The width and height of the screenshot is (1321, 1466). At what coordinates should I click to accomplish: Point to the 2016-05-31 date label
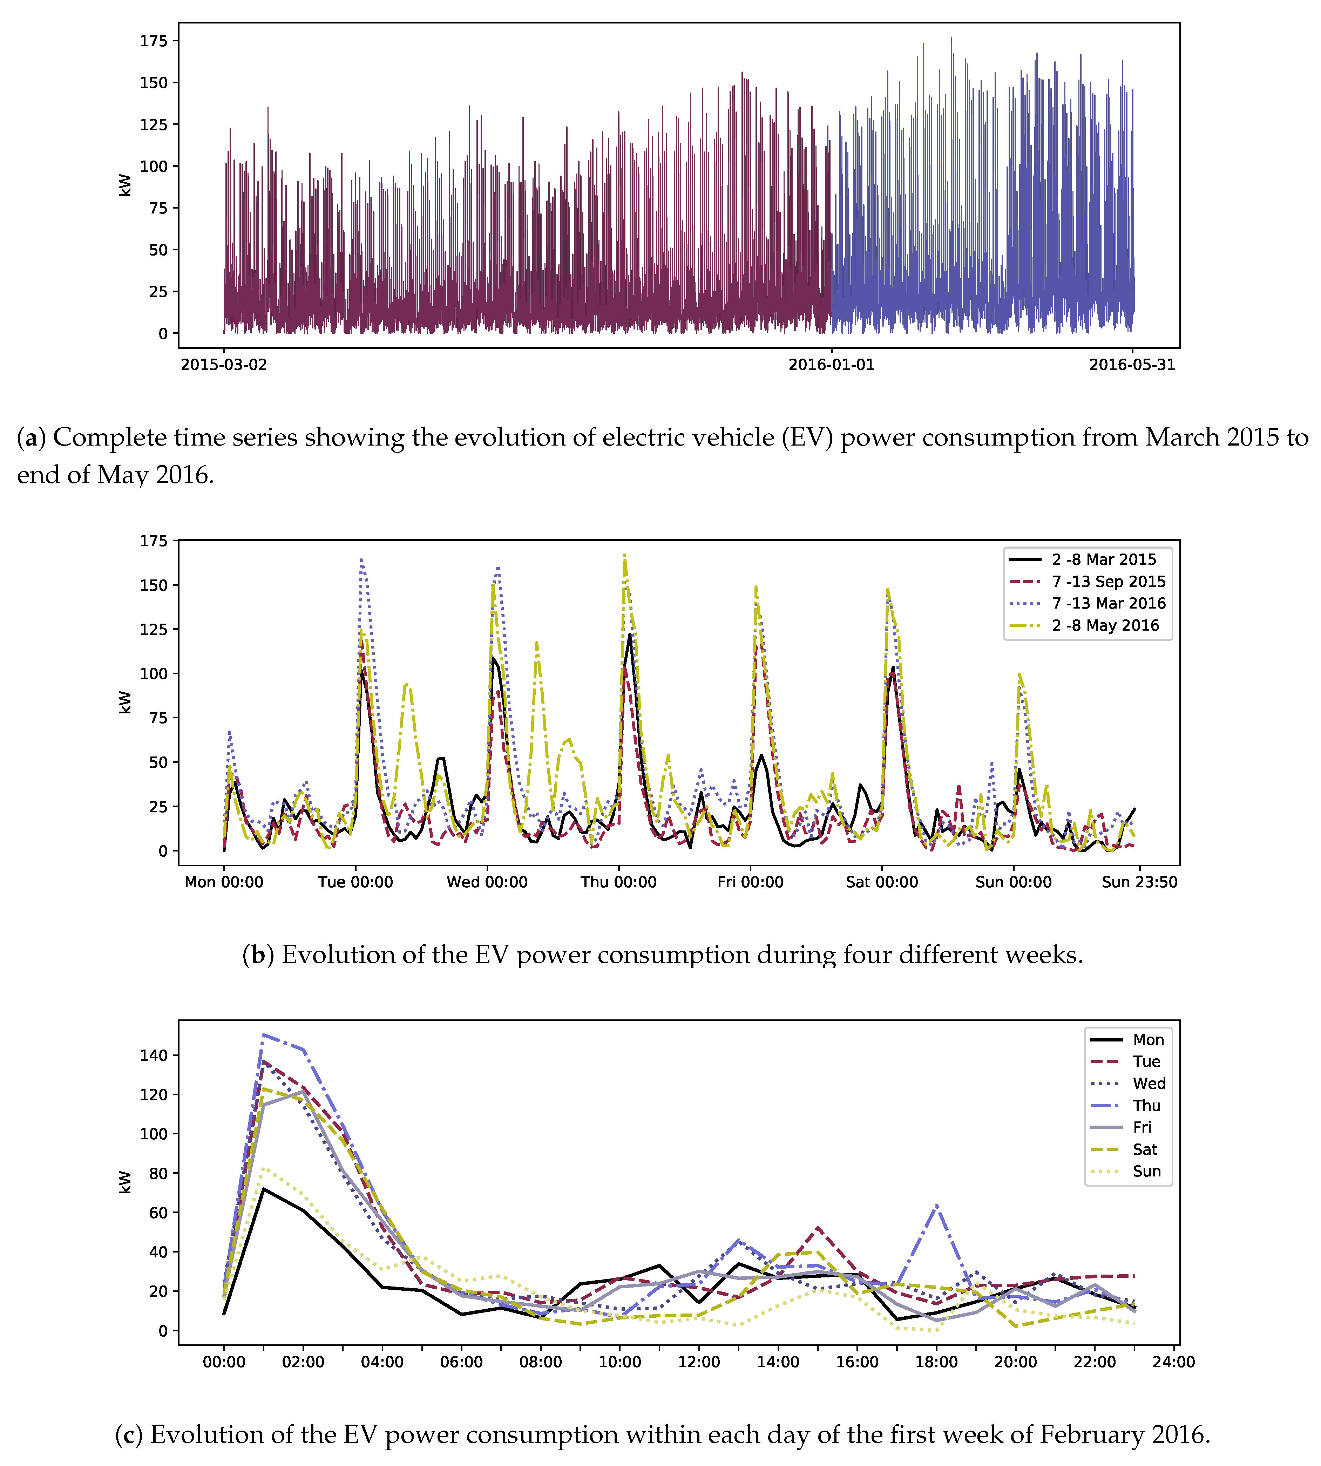pyautogui.click(x=1132, y=364)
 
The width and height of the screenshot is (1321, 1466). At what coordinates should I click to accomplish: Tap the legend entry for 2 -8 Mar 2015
pyautogui.click(x=1103, y=559)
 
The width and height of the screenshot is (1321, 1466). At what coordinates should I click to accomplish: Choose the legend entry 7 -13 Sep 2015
pyautogui.click(x=1108, y=581)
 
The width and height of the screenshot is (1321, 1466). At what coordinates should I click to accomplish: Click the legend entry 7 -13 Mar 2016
pyautogui.click(x=1108, y=603)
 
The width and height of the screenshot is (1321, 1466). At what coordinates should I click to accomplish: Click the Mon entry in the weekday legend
pyautogui.click(x=1148, y=1040)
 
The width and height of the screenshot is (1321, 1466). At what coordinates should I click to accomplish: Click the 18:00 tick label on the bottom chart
pyautogui.click(x=936, y=1362)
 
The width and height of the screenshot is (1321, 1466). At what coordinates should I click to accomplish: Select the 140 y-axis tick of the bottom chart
pyautogui.click(x=154, y=1055)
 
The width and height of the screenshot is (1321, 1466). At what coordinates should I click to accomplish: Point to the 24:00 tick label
pyautogui.click(x=1174, y=1362)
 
